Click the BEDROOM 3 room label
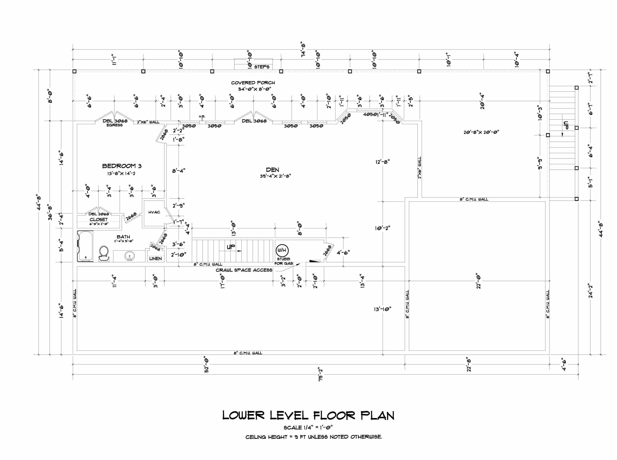[x=122, y=166]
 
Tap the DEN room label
[x=273, y=170]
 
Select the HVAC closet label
[x=154, y=212]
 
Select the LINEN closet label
[x=155, y=259]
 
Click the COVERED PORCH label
[x=253, y=83]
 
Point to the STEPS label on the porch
[x=262, y=67]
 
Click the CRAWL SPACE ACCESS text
[x=244, y=270]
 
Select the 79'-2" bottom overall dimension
[x=321, y=374]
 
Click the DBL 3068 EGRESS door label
[x=115, y=123]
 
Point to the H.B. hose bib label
[x=202, y=116]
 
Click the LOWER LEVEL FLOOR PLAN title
[x=308, y=416]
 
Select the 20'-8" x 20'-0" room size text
[x=481, y=132]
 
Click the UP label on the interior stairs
[x=231, y=247]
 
